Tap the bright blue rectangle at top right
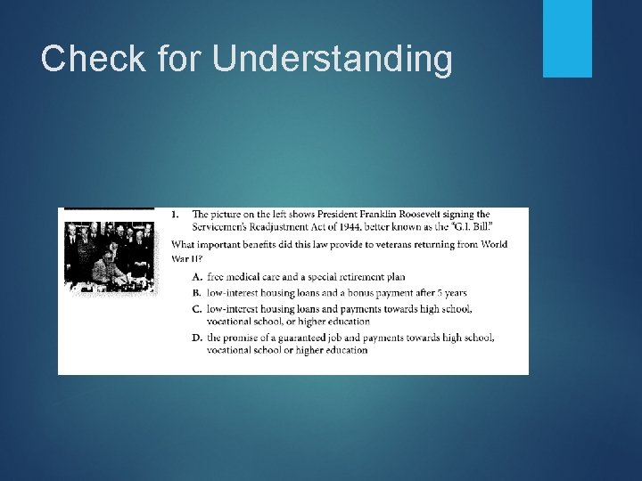click(567, 38)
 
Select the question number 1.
click(174, 215)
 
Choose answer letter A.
click(197, 277)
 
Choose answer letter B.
click(197, 292)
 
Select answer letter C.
click(197, 308)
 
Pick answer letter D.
click(197, 338)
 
